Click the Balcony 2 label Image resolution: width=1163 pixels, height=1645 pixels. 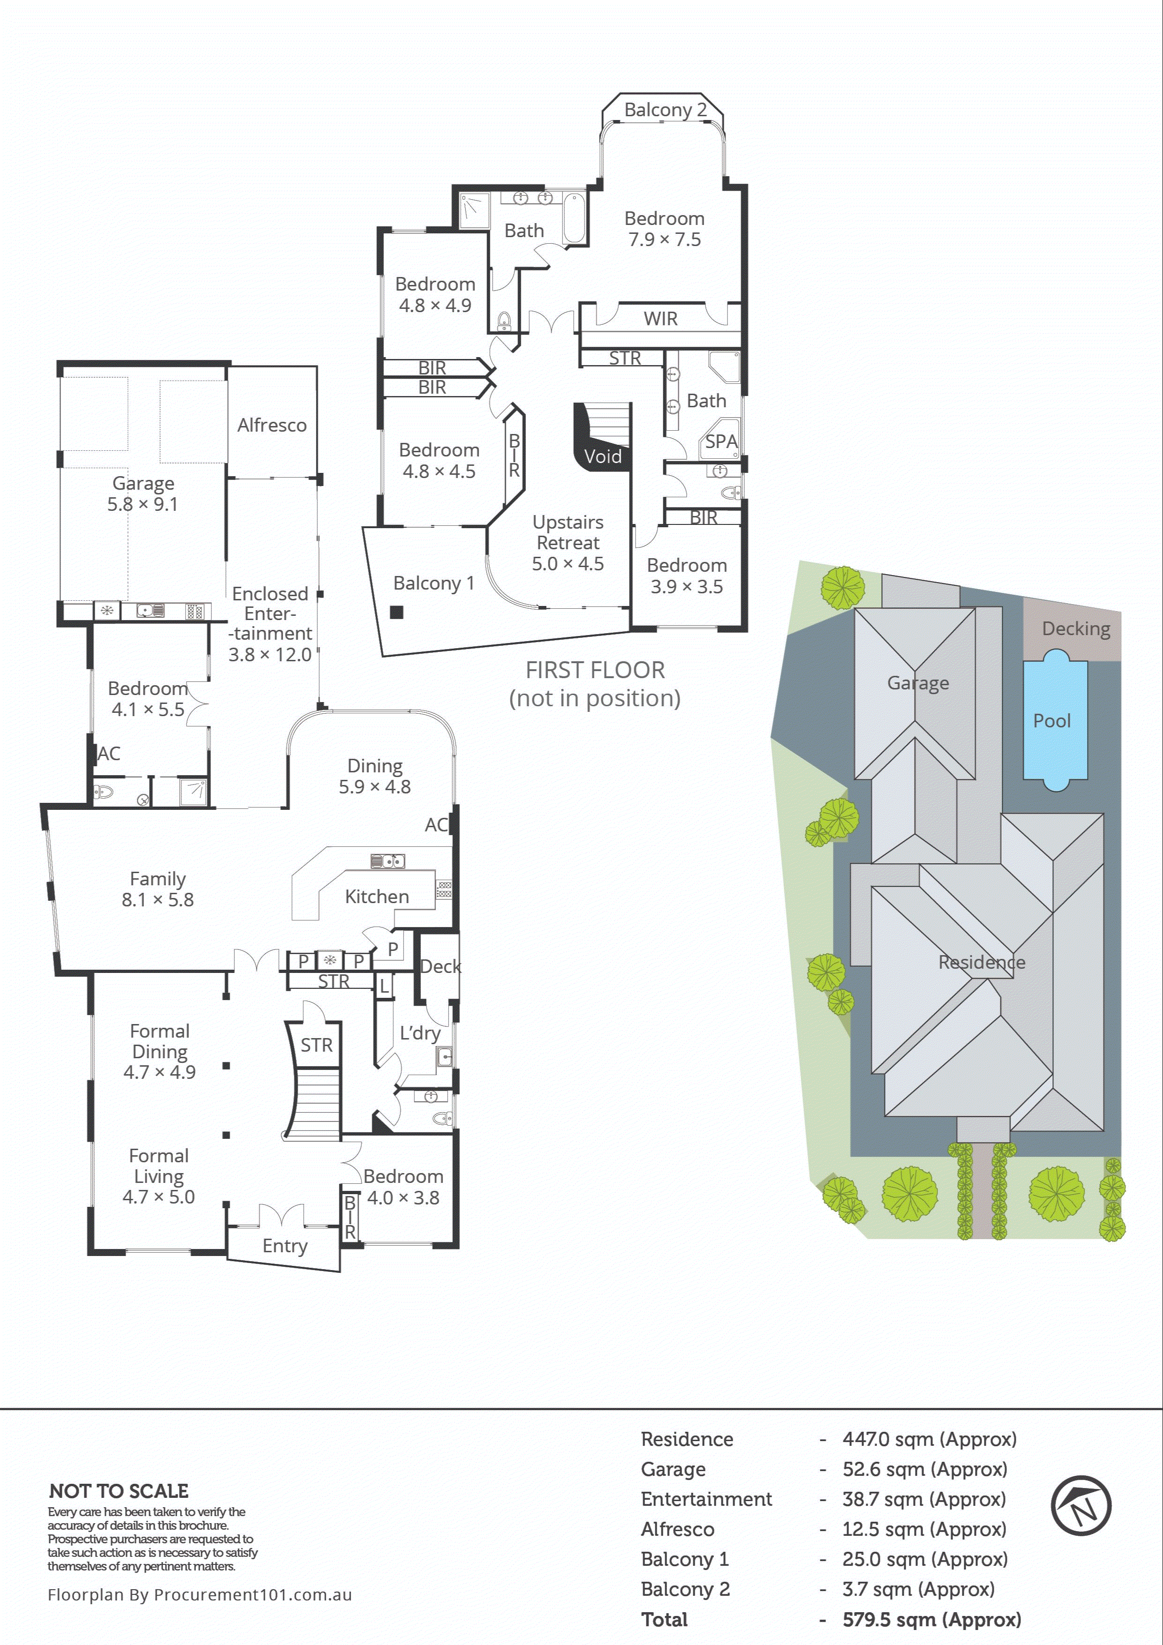coord(665,110)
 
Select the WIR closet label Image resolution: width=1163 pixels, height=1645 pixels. coord(660,319)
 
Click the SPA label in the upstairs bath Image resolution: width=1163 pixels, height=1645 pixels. coord(721,442)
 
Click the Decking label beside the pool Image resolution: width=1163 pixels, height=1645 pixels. coord(1076,629)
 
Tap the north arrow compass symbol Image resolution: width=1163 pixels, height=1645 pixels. coord(1080,1505)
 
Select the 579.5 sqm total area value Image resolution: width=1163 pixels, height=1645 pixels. coord(931,1619)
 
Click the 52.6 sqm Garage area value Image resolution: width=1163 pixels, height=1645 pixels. coord(924,1469)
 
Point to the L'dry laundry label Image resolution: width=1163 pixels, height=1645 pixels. coord(420,1032)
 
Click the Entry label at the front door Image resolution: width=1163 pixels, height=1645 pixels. coord(285,1246)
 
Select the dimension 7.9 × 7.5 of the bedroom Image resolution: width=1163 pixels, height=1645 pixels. coord(664,239)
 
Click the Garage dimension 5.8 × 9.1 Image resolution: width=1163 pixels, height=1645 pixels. coord(143,504)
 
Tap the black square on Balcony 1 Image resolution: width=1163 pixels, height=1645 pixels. coord(396,612)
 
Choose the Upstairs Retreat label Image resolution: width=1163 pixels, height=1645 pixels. coord(568,532)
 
